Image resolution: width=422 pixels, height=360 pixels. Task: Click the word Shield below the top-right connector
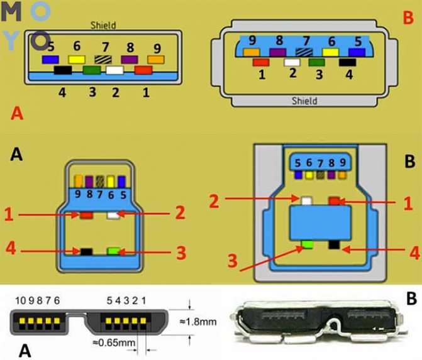[x=304, y=101]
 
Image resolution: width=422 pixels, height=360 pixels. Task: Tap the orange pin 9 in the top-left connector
[x=156, y=60]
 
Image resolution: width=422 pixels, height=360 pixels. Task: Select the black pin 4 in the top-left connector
[x=62, y=70]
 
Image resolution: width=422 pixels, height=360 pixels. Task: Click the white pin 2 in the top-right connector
[x=291, y=62]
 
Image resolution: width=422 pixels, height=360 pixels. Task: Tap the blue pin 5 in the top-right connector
[x=357, y=53]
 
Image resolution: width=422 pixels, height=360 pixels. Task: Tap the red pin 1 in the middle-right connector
[x=334, y=201]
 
